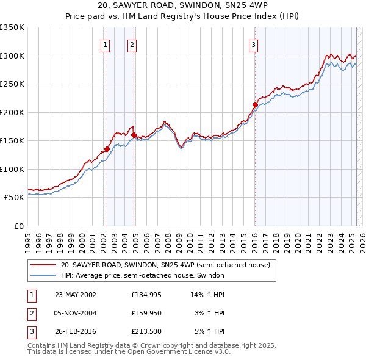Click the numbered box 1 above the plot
106,44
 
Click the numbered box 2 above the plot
132,44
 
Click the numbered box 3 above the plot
253,44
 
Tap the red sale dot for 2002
107,149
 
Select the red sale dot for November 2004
134,135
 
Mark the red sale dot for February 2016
255,104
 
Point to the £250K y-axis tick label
12,84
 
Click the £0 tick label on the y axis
18,226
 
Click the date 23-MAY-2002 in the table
76,295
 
